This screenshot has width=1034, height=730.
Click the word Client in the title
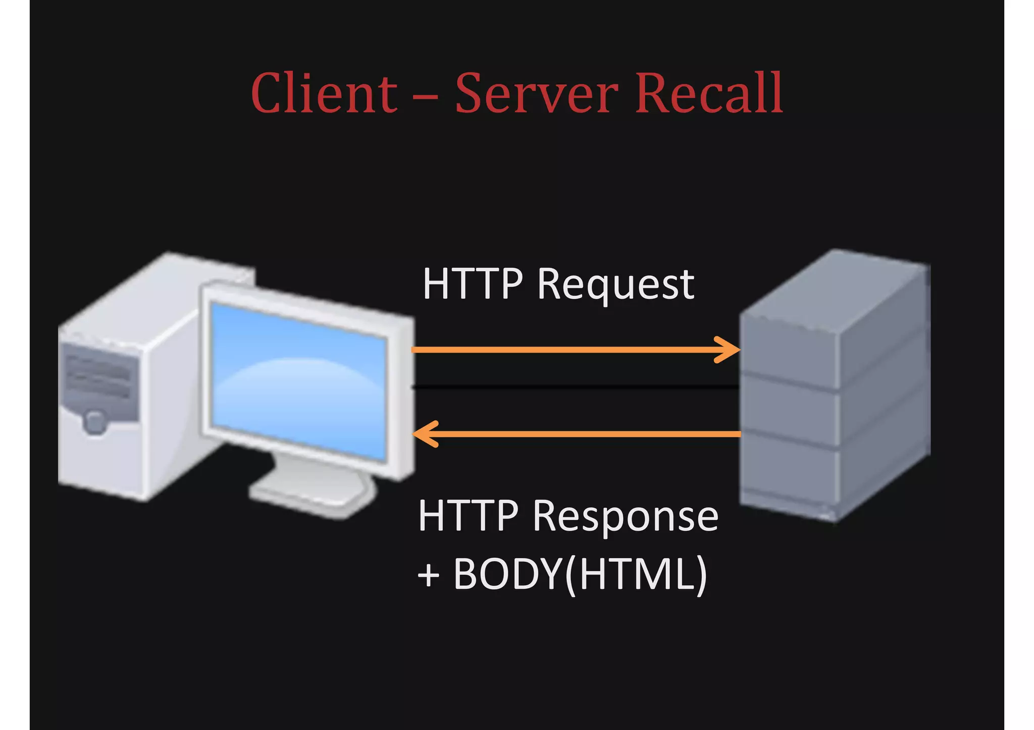(324, 94)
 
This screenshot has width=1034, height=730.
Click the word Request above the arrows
(615, 285)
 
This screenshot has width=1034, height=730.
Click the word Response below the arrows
(625, 517)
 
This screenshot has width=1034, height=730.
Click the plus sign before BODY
(429, 576)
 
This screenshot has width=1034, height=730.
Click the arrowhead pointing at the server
(730, 350)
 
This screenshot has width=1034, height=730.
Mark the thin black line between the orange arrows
(576, 387)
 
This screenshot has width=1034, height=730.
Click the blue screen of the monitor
(298, 383)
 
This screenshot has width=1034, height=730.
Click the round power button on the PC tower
(94, 421)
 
